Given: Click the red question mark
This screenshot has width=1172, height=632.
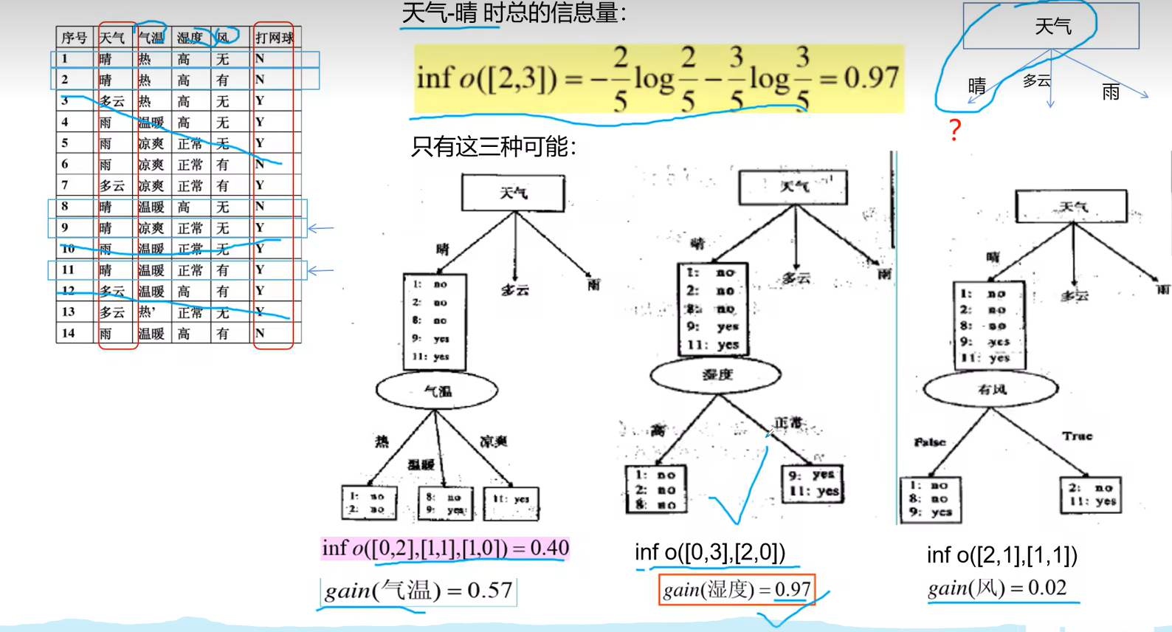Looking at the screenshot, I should click(955, 130).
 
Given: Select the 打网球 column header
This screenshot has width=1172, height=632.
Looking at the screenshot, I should click(274, 38).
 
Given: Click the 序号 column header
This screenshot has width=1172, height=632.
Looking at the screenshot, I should click(74, 38).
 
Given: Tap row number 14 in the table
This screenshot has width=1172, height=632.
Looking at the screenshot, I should click(68, 334).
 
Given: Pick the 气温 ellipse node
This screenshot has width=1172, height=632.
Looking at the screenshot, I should click(437, 391).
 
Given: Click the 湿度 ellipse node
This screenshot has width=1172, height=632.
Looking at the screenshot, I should click(715, 375).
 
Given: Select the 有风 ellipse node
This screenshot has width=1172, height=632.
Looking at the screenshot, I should click(990, 389).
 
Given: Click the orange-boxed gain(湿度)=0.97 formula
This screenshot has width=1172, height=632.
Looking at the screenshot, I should click(737, 590).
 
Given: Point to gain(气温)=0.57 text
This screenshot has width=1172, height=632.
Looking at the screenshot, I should click(418, 591).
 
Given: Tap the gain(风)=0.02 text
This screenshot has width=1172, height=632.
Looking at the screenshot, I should click(997, 588).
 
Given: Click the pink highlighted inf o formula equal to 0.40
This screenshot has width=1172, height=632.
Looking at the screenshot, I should click(445, 548).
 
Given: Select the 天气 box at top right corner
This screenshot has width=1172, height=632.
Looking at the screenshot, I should click(1052, 27).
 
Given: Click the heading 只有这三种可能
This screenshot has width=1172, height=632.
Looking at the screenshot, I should click(493, 146).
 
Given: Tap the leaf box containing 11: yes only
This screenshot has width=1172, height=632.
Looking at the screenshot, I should click(511, 502).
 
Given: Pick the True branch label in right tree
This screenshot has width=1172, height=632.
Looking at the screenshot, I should click(1077, 436).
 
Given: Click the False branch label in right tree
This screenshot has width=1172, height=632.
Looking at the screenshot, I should click(929, 442).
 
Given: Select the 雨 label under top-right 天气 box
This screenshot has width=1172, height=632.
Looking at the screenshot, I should click(1111, 92).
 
